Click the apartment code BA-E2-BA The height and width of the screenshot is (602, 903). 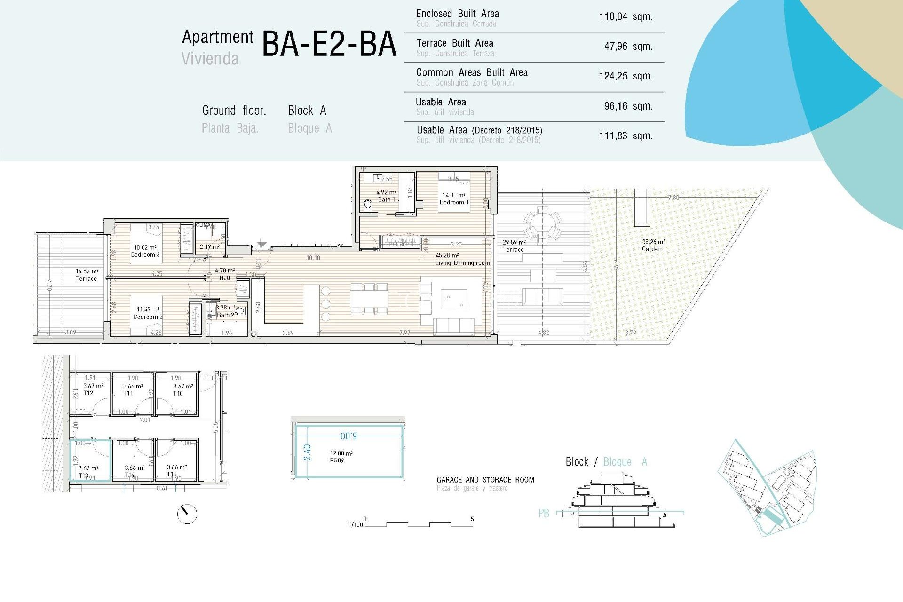pos(329,44)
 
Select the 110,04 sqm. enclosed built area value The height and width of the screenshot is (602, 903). pos(626,17)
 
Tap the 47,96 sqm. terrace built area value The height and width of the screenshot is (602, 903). pos(628,47)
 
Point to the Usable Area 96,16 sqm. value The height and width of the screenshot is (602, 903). pos(628,106)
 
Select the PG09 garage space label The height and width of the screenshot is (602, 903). pos(337,460)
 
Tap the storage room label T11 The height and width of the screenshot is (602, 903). pos(128,393)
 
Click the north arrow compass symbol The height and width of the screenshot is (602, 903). pos(187,514)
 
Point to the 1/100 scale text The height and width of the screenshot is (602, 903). pos(356,524)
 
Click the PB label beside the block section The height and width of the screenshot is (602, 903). pos(544,513)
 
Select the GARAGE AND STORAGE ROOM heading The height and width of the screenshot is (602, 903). pos(485,480)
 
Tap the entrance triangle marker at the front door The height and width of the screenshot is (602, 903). pos(262,245)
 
